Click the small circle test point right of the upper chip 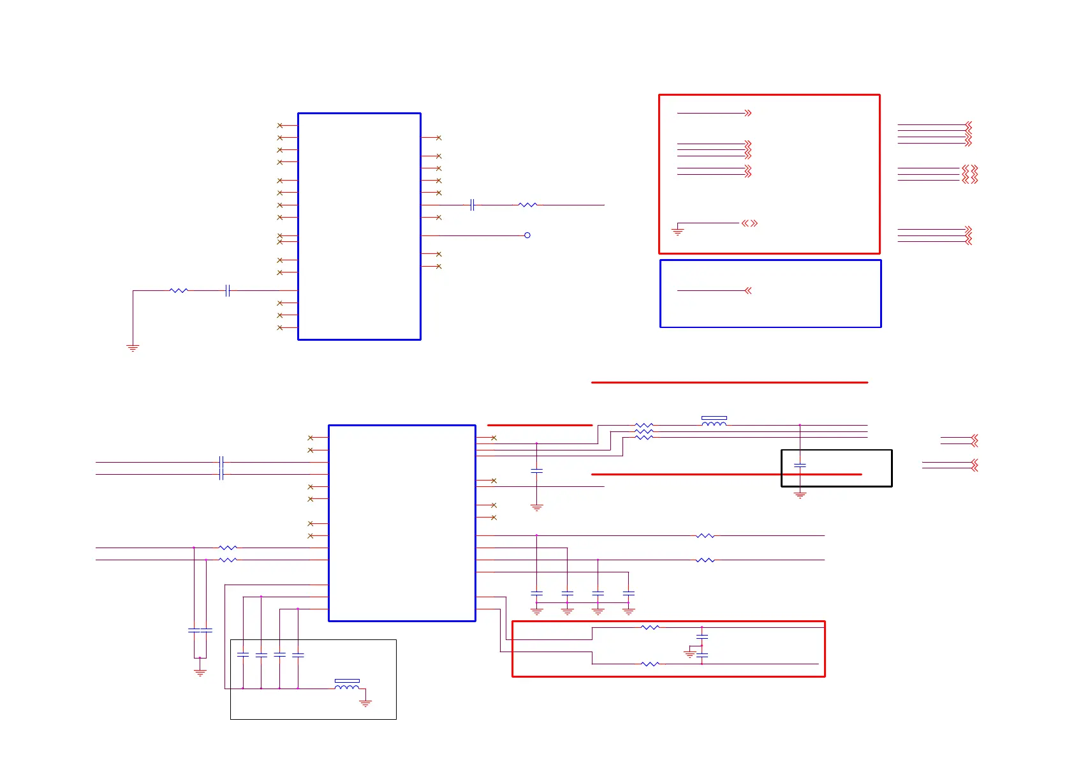tap(527, 235)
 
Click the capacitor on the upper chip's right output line tap(472, 205)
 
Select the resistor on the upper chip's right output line tap(527, 205)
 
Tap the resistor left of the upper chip tap(179, 290)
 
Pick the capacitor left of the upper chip tap(227, 290)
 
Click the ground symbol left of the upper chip tap(133, 348)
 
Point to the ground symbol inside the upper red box tap(678, 230)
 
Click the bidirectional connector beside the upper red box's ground tap(749, 223)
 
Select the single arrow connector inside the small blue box tap(748, 290)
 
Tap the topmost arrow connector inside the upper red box tap(748, 113)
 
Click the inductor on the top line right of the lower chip tap(714, 422)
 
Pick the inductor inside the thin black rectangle tap(347, 685)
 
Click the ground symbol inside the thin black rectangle tap(365, 703)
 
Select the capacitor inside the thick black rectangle tap(800, 466)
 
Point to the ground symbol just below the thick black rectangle tap(800, 495)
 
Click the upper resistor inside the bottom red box tap(649, 627)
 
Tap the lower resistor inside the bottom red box tap(649, 664)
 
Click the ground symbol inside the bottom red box tap(689, 653)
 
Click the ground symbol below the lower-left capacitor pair tap(200, 673)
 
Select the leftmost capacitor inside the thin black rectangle tap(243, 655)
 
